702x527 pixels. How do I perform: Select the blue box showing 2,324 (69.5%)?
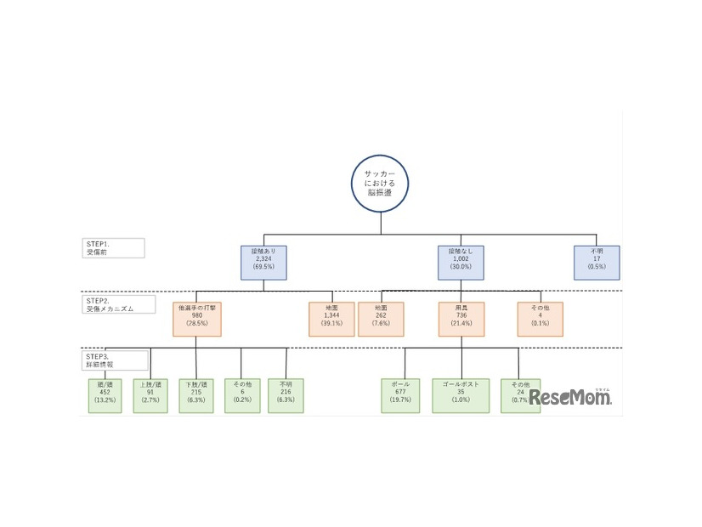tap(263, 263)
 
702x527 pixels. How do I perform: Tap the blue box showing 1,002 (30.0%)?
tap(461, 263)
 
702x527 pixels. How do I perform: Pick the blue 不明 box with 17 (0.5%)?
tap(597, 263)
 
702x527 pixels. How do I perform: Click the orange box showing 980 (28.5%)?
tap(196, 319)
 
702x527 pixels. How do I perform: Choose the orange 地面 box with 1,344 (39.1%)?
tap(331, 319)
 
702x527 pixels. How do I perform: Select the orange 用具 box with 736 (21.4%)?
tap(461, 319)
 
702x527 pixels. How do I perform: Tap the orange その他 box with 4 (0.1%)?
tap(541, 319)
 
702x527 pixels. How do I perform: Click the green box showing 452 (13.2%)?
tap(105, 394)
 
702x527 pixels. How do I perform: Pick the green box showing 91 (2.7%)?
tap(151, 394)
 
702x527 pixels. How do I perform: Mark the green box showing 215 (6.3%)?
tap(196, 394)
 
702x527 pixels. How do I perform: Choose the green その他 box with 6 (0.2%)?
tap(242, 394)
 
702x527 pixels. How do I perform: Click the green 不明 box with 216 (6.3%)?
tap(286, 394)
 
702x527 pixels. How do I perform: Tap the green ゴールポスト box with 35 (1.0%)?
tap(461, 394)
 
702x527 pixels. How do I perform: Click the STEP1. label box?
tap(114, 247)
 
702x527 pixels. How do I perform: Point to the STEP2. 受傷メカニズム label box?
tap(119, 304)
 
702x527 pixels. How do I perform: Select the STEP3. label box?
tap(114, 358)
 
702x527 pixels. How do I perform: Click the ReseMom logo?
tap(570, 397)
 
